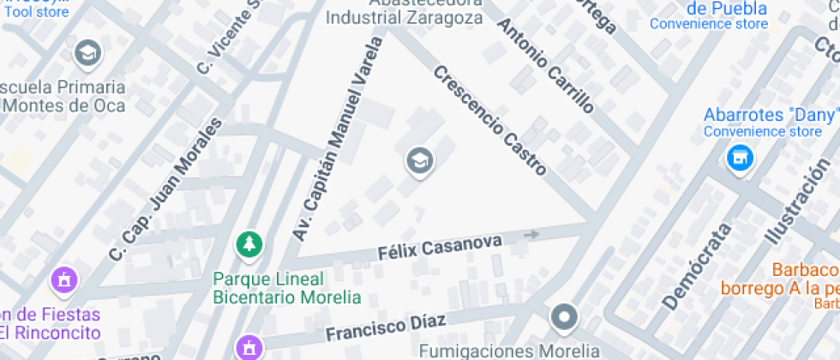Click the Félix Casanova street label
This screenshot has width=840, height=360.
tap(440, 249)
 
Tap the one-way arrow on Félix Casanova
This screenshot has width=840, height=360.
tap(532, 234)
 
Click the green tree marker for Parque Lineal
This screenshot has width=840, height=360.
tap(249, 244)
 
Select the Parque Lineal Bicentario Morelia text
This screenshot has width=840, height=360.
tap(286, 289)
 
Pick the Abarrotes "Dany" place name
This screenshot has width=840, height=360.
tap(770, 115)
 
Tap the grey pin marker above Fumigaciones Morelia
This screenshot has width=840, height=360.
tap(564, 318)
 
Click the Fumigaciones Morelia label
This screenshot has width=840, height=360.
tap(509, 351)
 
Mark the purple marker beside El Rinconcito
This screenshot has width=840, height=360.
tap(63, 279)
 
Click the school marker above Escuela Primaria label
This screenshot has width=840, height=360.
tap(87, 54)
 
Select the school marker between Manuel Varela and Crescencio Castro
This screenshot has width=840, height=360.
tap(419, 159)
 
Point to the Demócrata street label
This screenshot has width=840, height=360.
tap(697, 266)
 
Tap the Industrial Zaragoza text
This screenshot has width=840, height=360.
tap(406, 17)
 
